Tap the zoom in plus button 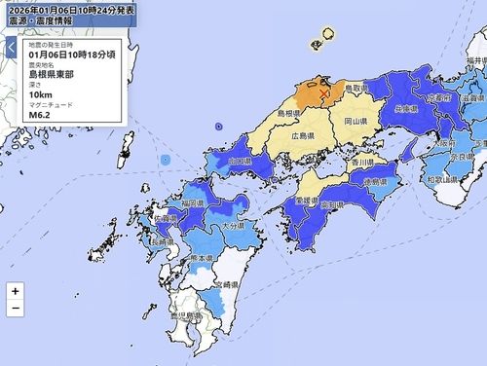15,290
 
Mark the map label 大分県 233,225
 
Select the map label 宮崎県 226,282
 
